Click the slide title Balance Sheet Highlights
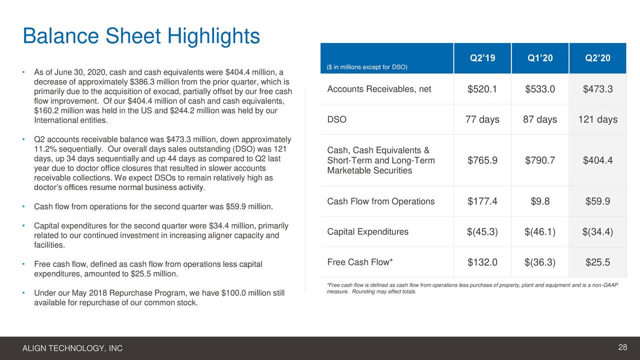click(141, 36)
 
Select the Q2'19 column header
click(482, 58)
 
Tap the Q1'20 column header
click(540, 58)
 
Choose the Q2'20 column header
click(597, 58)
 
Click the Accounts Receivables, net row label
click(378, 89)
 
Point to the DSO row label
click(336, 120)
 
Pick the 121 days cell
click(597, 120)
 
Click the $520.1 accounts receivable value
click(482, 89)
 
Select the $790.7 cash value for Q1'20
click(540, 160)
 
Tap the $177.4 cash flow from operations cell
click(482, 201)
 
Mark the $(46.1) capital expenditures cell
click(540, 232)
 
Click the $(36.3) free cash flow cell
click(540, 262)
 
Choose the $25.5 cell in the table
click(597, 262)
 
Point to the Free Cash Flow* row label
click(360, 262)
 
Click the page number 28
click(622, 347)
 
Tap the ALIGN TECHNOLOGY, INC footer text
click(72, 348)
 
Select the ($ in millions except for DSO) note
click(367, 67)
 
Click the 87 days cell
click(540, 120)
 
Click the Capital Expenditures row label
click(367, 232)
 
